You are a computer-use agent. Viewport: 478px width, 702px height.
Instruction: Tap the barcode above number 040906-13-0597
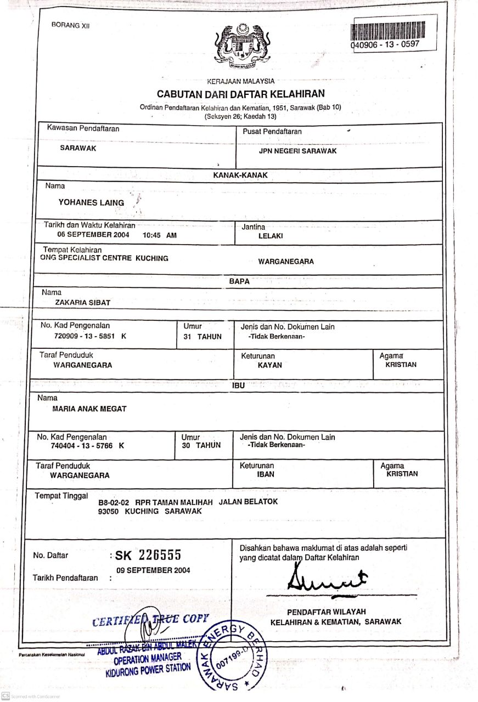click(x=389, y=31)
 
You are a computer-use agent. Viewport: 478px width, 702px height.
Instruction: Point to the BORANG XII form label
click(x=70, y=25)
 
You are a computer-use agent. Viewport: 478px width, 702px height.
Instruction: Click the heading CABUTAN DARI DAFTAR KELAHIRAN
click(x=241, y=94)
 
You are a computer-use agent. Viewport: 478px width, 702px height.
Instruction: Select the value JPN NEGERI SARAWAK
click(x=297, y=151)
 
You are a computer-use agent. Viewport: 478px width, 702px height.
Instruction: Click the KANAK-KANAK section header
click(x=240, y=175)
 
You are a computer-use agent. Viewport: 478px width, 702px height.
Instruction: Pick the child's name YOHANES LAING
click(x=91, y=202)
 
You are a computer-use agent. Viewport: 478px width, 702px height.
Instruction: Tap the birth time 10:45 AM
click(x=160, y=235)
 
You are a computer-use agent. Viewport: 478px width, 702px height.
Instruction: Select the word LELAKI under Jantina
click(x=271, y=236)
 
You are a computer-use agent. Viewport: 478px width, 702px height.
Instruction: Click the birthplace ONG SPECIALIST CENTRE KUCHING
click(x=104, y=258)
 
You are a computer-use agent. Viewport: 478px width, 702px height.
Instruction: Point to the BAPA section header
click(x=239, y=281)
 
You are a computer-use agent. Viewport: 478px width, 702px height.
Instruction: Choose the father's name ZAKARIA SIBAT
click(x=83, y=302)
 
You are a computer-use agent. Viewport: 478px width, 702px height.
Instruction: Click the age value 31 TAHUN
click(x=203, y=337)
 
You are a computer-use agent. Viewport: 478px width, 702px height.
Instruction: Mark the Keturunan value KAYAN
click(x=270, y=365)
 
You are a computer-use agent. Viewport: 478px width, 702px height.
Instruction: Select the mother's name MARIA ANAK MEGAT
click(x=89, y=409)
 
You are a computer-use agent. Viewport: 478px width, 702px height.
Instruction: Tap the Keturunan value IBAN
click(x=266, y=474)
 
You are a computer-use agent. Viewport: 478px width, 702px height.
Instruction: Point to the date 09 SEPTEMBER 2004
click(x=154, y=570)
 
